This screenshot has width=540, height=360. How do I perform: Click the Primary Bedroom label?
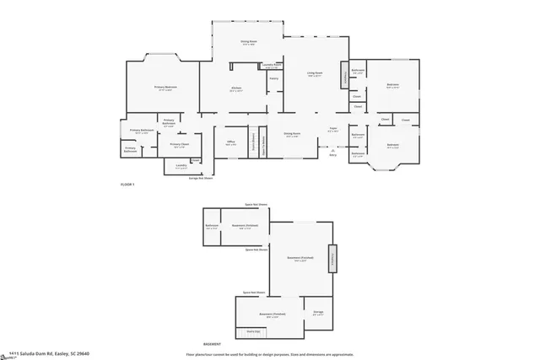(165, 88)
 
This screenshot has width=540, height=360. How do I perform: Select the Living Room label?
(314, 73)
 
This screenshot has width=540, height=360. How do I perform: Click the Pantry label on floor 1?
(273, 79)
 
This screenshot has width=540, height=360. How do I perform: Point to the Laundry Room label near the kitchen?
(271, 64)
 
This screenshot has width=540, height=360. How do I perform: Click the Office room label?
(230, 143)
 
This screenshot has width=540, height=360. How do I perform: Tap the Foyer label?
(333, 129)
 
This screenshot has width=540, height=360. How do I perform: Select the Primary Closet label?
(178, 144)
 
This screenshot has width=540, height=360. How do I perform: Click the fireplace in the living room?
(343, 78)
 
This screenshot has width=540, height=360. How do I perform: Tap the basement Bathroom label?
(211, 226)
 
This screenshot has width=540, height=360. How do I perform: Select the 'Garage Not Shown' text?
(200, 178)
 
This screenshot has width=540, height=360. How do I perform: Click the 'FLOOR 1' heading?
(127, 183)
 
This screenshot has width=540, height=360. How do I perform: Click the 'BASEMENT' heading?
(213, 345)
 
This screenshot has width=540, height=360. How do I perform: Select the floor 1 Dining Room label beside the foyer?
(291, 134)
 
